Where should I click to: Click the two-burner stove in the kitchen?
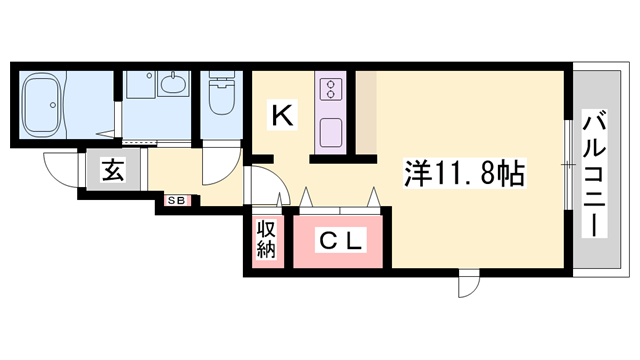click(x=330, y=89)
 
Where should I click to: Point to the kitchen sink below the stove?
click(x=330, y=131)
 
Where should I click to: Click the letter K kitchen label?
click(x=283, y=117)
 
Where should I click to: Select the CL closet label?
click(x=341, y=241)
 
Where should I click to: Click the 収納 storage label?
click(x=267, y=241)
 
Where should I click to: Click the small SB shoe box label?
click(x=176, y=201)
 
